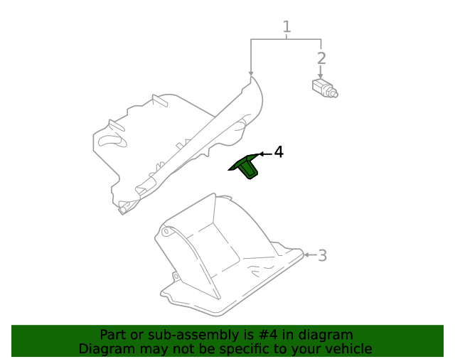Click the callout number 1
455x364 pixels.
287,27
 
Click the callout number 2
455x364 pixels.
321,58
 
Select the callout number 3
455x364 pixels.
322,255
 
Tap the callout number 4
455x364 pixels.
279,152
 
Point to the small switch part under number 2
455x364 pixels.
324,88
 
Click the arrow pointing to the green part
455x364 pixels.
264,153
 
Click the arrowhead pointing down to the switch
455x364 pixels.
321,76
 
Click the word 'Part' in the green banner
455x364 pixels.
113,335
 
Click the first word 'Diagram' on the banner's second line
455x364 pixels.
106,349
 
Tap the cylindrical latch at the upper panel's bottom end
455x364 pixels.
126,208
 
